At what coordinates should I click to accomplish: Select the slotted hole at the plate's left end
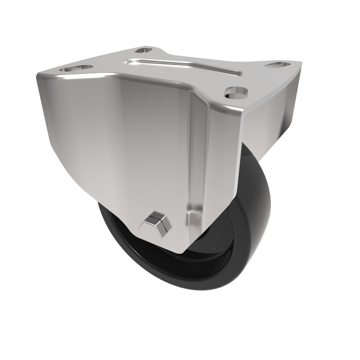click(x=75, y=68)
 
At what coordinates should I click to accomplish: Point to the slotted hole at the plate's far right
click(x=278, y=65)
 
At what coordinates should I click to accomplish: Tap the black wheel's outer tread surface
click(x=252, y=252)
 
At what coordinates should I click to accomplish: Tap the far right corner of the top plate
click(x=301, y=63)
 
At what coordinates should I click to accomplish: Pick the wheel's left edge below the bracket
click(x=106, y=225)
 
